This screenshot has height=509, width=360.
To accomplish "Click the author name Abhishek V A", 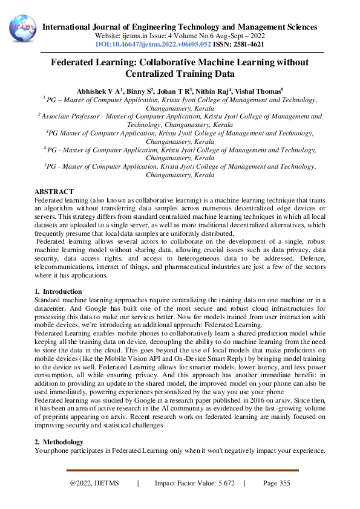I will [x=99, y=90].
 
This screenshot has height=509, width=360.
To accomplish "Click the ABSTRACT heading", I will [x=54, y=191].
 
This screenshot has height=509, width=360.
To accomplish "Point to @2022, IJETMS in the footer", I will [x=94, y=483].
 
